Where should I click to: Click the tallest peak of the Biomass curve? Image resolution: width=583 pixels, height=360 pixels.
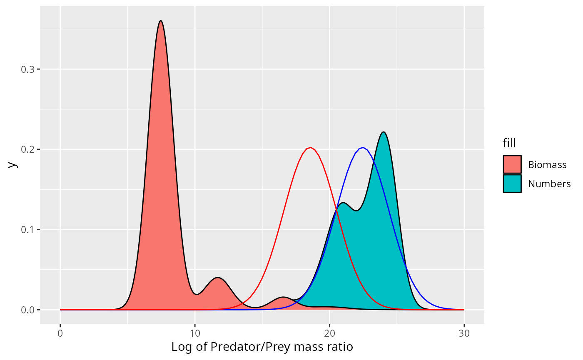[160, 21]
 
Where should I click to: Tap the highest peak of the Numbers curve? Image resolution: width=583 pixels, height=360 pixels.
[384, 132]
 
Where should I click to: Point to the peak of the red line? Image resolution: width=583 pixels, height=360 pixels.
[310, 148]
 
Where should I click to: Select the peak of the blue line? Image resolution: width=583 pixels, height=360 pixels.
[363, 148]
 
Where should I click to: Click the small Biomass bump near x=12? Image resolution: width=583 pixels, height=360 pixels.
[218, 278]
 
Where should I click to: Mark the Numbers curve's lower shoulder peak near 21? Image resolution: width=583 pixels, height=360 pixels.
[343, 203]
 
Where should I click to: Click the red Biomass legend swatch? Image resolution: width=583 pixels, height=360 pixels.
[512, 164]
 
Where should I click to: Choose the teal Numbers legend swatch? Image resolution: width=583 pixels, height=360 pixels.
[512, 184]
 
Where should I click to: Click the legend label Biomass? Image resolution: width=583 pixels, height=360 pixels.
[547, 164]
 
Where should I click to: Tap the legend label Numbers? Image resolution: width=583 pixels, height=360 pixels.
[549, 184]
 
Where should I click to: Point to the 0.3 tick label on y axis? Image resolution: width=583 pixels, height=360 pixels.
[27, 69]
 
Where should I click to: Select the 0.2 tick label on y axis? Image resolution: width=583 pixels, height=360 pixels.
[27, 149]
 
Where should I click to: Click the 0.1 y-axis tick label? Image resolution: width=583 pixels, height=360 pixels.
[27, 230]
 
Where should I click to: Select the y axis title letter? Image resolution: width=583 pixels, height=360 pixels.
[13, 165]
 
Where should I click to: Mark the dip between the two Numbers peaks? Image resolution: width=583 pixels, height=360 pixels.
[356, 211]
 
